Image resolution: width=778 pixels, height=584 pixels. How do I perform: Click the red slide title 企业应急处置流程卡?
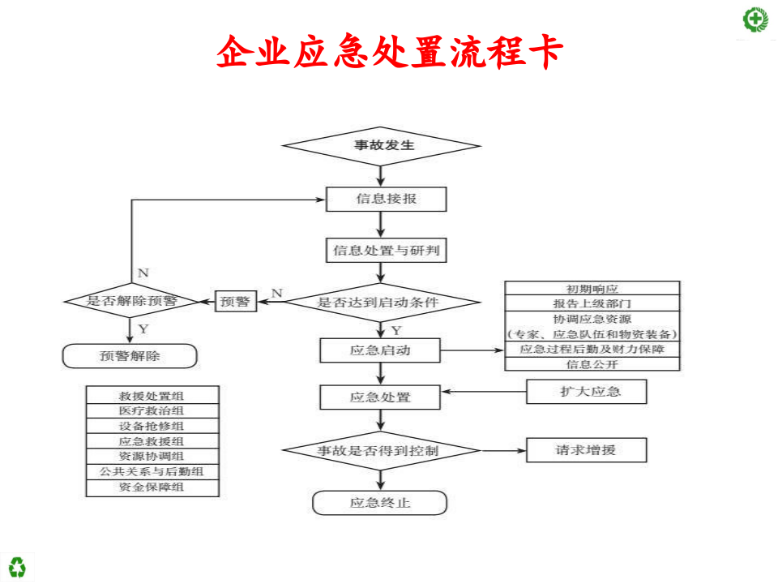(389, 53)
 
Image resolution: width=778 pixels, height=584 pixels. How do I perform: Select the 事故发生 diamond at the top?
(380, 146)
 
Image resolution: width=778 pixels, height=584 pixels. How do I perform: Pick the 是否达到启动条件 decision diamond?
(379, 302)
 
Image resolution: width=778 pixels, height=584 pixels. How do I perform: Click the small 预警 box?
(235, 301)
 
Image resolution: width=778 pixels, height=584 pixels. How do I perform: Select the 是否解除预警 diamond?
(131, 301)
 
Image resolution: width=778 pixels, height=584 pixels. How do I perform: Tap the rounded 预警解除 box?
(130, 355)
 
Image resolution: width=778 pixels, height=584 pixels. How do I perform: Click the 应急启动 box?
(380, 351)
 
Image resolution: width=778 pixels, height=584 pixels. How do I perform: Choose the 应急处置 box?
(380, 397)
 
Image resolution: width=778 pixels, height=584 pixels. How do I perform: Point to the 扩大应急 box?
(587, 392)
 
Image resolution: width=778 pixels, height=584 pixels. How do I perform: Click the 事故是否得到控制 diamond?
(380, 449)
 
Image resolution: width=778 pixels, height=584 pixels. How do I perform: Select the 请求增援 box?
(587, 449)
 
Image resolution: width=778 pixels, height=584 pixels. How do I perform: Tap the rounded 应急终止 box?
(380, 503)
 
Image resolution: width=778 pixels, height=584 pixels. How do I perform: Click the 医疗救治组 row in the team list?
(152, 410)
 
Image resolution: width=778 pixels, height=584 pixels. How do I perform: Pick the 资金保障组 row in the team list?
(152, 487)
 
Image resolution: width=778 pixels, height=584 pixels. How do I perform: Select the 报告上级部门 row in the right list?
(592, 303)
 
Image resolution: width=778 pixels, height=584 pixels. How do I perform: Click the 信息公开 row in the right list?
(592, 364)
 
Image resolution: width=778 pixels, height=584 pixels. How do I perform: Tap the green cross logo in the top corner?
(755, 18)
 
